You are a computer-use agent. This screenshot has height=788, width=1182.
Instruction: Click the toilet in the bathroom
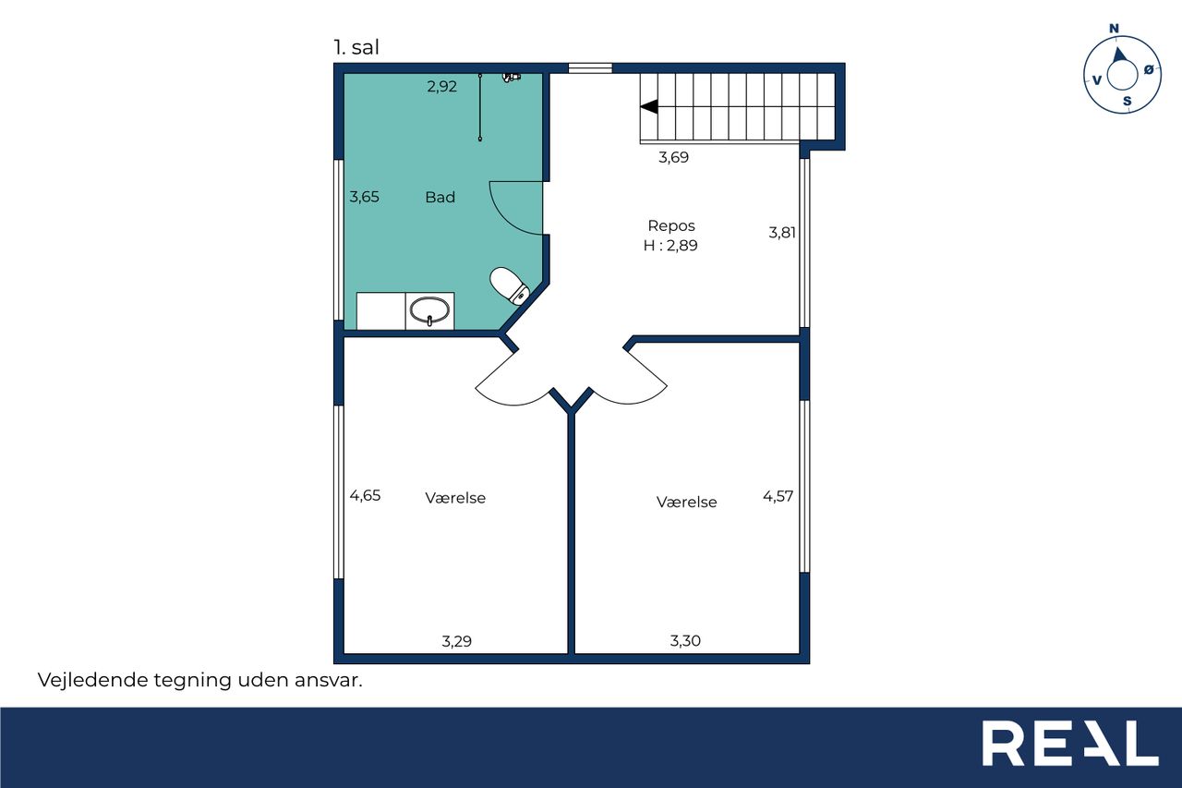point(509,286)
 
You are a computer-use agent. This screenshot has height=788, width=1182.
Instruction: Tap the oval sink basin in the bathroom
point(429,310)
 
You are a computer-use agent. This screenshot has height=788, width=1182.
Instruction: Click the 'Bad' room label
point(440,198)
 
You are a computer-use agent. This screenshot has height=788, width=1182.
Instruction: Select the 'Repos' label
point(671,226)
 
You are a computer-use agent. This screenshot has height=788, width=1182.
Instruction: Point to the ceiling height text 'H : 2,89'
point(670,246)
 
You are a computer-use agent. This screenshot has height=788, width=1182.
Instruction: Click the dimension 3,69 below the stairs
point(673,157)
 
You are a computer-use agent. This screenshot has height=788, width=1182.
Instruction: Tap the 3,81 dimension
point(781,233)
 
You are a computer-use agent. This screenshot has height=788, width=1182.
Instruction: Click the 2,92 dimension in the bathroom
point(441,87)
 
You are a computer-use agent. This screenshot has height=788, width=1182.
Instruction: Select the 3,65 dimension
point(364,197)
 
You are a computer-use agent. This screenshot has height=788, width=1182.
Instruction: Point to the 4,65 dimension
point(365,495)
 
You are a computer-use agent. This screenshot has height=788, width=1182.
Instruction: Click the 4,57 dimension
point(778,496)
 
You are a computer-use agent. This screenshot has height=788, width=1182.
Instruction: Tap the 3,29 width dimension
point(456,641)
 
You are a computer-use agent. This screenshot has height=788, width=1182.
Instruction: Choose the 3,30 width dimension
point(685,641)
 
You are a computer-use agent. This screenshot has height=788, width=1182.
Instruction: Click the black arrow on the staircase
point(649,106)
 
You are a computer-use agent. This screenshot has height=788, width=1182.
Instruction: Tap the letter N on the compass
point(1114,29)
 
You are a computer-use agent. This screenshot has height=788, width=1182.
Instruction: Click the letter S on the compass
point(1128,102)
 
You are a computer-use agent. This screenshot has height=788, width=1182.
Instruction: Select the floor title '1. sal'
point(356,47)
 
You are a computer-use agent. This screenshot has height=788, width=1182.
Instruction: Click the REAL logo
point(1070,743)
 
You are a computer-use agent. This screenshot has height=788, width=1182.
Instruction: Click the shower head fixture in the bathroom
point(511,78)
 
